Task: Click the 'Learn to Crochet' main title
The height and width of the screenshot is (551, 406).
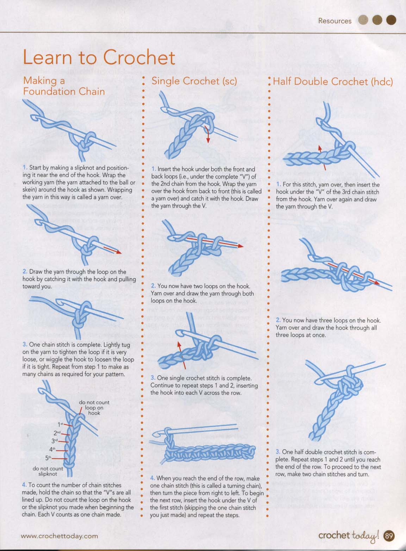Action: [x=99, y=57]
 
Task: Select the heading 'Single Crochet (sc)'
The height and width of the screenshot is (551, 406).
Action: [x=194, y=81]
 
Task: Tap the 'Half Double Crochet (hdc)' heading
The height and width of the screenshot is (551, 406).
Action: [x=333, y=81]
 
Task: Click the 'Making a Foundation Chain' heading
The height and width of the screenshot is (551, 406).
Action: [x=64, y=86]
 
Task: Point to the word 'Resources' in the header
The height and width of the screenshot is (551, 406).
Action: [x=335, y=21]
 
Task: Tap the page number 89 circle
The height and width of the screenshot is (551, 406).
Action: [x=389, y=536]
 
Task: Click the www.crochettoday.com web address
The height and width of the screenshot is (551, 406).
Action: [x=59, y=536]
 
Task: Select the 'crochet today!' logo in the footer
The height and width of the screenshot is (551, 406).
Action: [x=350, y=536]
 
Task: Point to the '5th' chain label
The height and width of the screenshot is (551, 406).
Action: [x=49, y=458]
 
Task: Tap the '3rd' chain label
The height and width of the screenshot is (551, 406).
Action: [x=55, y=441]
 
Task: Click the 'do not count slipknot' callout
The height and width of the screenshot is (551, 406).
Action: [x=48, y=471]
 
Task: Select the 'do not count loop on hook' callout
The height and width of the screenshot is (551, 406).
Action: [x=94, y=408]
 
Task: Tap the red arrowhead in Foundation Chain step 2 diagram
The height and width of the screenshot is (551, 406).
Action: [x=119, y=252]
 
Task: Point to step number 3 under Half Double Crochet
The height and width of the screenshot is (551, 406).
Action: [x=278, y=452]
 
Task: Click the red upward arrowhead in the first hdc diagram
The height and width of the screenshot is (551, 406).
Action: [x=320, y=148]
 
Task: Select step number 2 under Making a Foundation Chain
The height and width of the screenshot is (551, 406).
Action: [x=25, y=271]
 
